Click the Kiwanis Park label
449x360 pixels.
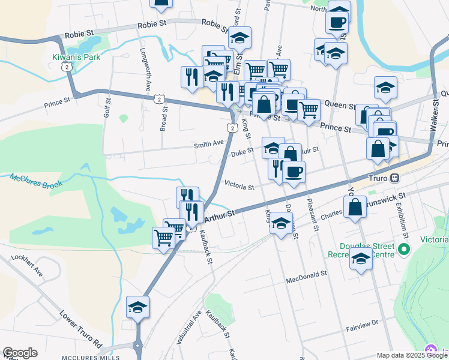point(76,57)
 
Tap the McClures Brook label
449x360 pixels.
point(36,180)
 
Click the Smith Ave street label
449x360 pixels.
point(208,144)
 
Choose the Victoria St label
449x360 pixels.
point(239,187)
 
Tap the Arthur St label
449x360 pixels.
point(220,215)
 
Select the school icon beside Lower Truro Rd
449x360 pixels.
point(137,307)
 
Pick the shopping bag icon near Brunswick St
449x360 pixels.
point(355,208)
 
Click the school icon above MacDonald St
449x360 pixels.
point(360,259)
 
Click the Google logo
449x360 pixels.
point(20,353)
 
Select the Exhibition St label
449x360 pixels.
point(399,219)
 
